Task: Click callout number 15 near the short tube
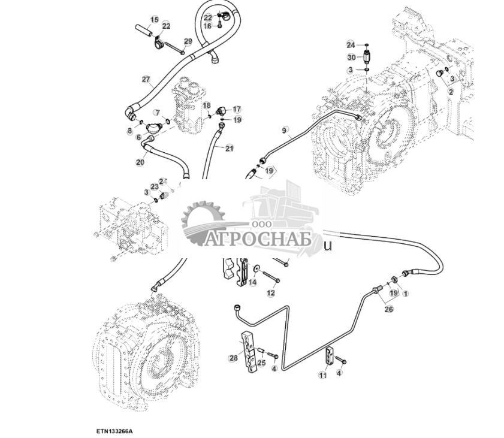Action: [155, 20]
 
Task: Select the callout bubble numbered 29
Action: [188, 41]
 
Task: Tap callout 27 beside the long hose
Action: [146, 79]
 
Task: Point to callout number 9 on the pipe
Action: [285, 130]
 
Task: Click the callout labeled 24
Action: [351, 44]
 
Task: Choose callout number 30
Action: [351, 58]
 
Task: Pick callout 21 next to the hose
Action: [229, 148]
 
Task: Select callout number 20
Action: [140, 162]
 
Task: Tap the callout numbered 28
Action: [233, 358]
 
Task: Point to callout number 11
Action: [322, 376]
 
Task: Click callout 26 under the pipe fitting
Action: [389, 310]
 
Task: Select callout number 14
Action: [252, 282]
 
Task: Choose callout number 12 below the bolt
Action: [270, 293]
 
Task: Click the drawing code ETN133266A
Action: [114, 431]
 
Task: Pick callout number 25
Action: [261, 363]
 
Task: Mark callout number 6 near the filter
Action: [138, 137]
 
